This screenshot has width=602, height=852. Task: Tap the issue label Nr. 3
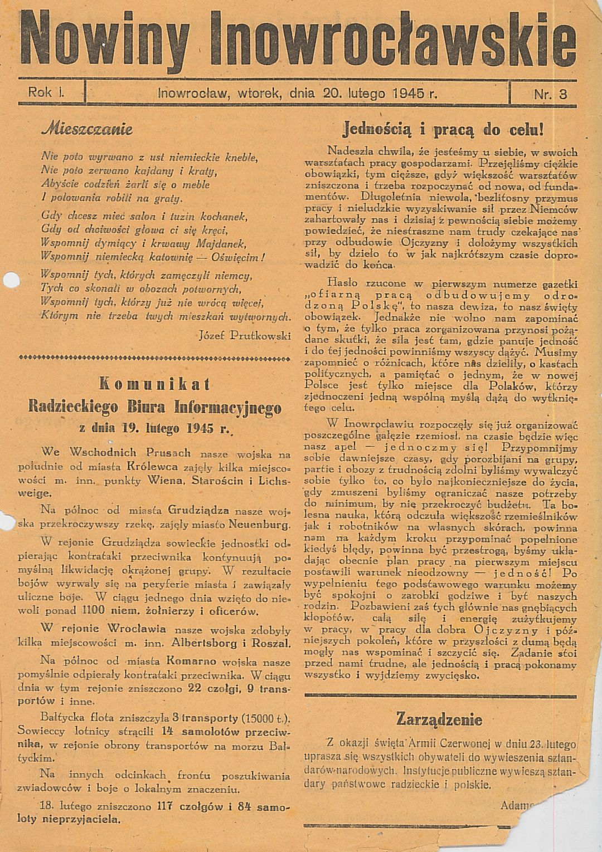point(550,94)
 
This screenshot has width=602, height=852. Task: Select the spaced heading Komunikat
point(154,384)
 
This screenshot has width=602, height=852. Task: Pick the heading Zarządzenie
point(439,719)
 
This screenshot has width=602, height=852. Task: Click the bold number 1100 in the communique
point(89,610)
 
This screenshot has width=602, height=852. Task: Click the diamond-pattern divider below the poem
point(154,356)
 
